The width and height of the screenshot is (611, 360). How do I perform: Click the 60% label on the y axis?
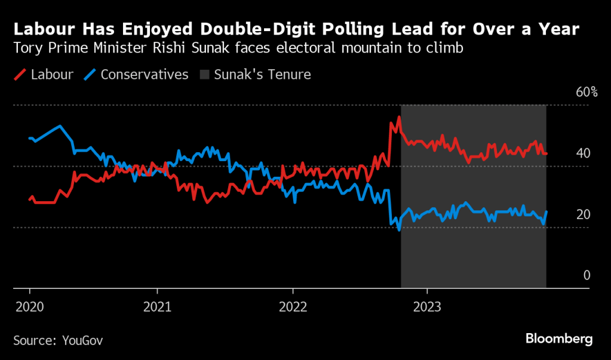[587, 92]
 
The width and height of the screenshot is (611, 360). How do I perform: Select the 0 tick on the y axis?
[587, 275]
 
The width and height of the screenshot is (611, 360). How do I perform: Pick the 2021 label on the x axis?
[157, 306]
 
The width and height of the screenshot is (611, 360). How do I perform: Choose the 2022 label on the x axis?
[293, 306]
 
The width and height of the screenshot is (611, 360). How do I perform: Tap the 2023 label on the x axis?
[427, 306]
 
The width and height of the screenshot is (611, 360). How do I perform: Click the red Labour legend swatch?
[20, 75]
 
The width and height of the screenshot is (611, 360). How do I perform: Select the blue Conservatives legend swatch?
[90, 75]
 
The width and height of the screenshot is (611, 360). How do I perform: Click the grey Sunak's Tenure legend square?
[204, 75]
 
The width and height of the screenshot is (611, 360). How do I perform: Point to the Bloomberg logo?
[559, 339]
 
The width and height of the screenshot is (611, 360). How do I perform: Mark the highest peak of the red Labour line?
[398, 118]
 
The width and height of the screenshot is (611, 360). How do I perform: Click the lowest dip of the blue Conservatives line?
[399, 230]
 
